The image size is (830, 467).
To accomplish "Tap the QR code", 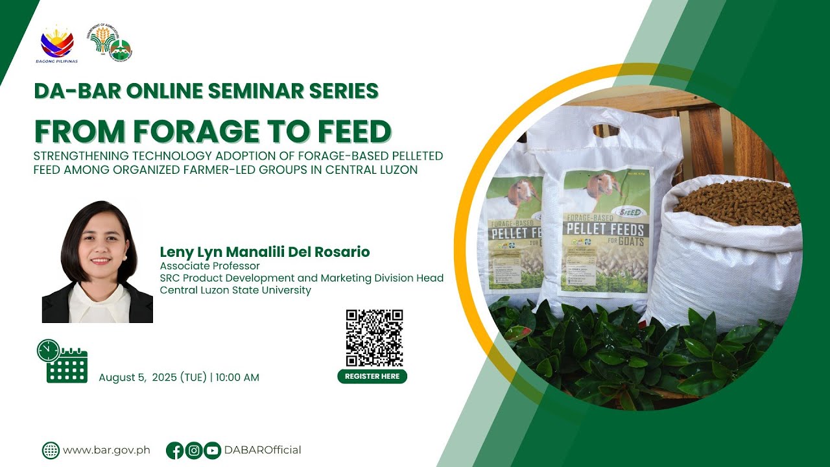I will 374,338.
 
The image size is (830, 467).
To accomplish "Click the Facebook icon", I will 174,450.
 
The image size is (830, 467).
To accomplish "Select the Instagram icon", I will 193,450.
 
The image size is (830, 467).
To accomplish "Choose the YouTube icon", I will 212,450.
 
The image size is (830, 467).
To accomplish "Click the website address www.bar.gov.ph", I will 106,450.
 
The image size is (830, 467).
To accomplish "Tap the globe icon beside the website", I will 51,450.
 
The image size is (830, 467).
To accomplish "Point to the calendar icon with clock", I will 62,361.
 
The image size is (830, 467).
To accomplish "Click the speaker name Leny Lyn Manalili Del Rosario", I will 265,252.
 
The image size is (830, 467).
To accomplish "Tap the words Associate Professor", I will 209,266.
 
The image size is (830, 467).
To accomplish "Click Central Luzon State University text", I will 235,290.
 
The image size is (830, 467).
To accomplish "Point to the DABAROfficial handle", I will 263,450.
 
